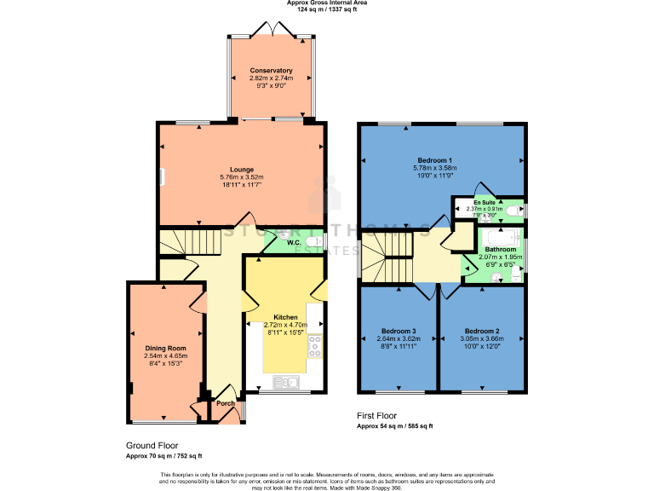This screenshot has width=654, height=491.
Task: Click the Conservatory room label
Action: tap(272, 70)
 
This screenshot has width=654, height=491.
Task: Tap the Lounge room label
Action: tap(241, 170)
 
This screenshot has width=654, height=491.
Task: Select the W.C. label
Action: tap(295, 243)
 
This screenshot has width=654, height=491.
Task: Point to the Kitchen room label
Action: tap(285, 317)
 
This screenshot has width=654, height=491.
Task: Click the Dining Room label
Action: tap(165, 348)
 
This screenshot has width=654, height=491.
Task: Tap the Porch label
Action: tap(225, 403)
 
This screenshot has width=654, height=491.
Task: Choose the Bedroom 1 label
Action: tap(434, 160)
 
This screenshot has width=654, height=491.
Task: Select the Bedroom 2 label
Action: tap(481, 331)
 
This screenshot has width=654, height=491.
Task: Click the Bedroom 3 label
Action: tap(399, 331)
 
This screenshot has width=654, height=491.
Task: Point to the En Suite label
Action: tap(485, 202)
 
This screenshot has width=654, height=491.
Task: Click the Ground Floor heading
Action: tap(152, 446)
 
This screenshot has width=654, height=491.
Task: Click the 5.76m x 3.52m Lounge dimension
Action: tap(241, 177)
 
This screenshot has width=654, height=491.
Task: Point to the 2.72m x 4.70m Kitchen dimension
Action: tap(285, 325)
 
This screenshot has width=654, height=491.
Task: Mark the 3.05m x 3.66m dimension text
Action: tap(481, 338)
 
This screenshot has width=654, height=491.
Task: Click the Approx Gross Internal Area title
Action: tap(327, 3)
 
